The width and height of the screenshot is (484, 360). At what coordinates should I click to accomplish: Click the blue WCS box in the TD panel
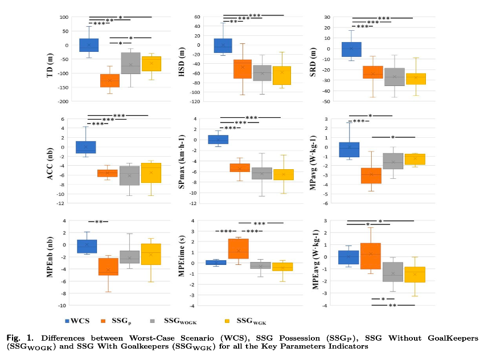89,45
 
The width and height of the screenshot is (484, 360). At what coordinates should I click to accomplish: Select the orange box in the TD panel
109,80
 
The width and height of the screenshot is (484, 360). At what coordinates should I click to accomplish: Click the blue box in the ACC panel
86,147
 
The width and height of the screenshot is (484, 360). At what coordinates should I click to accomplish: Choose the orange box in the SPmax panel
240,167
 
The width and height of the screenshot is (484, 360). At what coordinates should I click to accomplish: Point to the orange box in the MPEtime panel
238,248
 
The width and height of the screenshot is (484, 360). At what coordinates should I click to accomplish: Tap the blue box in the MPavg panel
350,150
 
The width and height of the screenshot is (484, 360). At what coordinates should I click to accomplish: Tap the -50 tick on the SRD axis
326,101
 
